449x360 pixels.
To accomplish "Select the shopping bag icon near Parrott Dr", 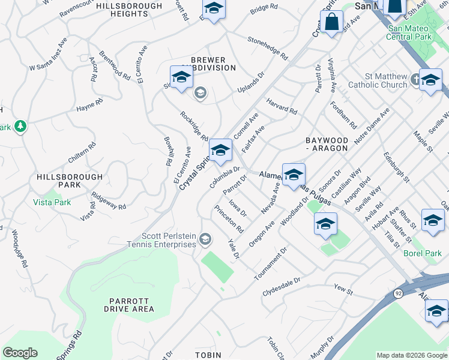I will coord(331,23).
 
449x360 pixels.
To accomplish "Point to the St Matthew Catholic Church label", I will coord(386,80).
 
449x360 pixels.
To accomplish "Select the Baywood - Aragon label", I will coord(327,143).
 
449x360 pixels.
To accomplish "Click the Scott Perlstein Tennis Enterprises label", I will coord(169,240).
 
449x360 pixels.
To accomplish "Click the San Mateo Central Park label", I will coord(410,32).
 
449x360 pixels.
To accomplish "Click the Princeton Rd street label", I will coord(229,220).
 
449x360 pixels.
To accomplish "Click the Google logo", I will coord(20,353).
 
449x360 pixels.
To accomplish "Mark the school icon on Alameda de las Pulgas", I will coord(294,175).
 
